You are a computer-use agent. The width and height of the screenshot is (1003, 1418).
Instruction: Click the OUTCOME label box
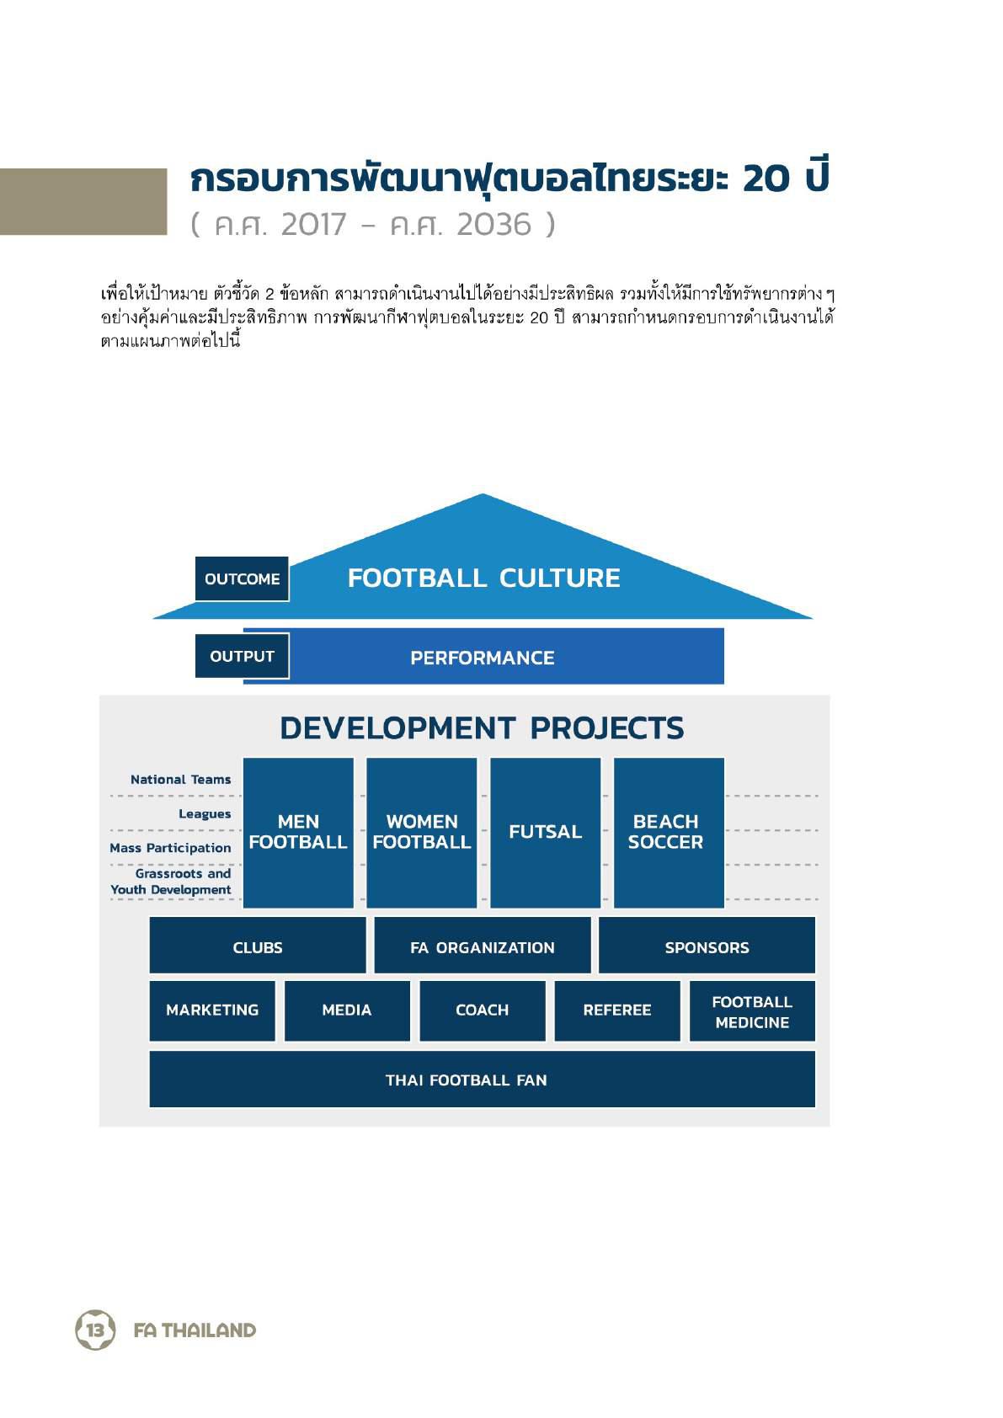pyautogui.click(x=242, y=578)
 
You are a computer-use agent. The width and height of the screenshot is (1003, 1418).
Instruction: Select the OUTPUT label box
pyautogui.click(x=242, y=656)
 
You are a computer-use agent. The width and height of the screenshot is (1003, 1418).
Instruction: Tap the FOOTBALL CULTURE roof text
pyautogui.click(x=483, y=578)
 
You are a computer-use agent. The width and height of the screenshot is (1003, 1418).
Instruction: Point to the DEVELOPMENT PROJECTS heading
pyautogui.click(x=482, y=728)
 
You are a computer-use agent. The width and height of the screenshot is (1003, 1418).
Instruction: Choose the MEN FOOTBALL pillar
pyautogui.click(x=298, y=833)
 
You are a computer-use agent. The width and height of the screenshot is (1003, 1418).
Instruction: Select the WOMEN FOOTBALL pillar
pyautogui.click(x=422, y=833)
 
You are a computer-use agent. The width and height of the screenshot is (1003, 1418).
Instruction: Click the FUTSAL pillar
pyautogui.click(x=545, y=833)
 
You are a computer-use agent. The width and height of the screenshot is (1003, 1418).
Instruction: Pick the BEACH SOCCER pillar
pyautogui.click(x=669, y=833)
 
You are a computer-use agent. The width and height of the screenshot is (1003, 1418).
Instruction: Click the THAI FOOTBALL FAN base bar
pyautogui.click(x=483, y=1079)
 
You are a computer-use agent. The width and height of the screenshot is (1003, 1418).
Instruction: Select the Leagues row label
pyautogui.click(x=205, y=813)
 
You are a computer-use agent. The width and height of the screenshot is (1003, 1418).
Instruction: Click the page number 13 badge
pyautogui.click(x=95, y=1330)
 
